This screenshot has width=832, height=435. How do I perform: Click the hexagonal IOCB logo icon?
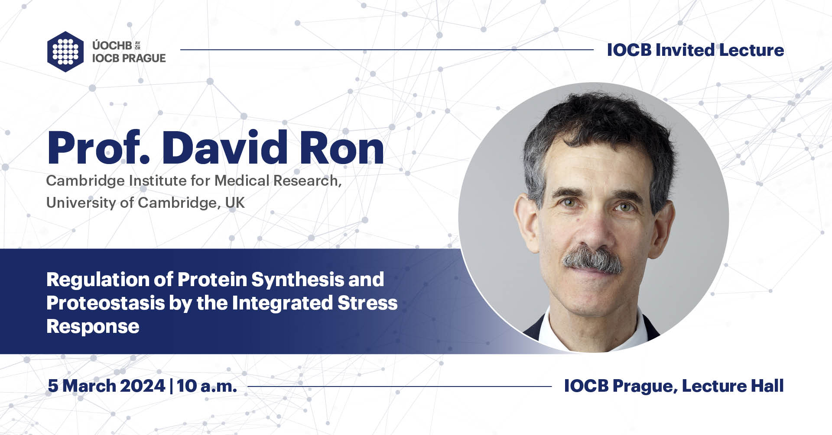[x=65, y=51]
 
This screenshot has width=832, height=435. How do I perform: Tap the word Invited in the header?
[x=685, y=50]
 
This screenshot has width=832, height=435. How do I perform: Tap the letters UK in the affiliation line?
[x=235, y=203]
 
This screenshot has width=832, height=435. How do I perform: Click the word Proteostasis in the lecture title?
[x=105, y=303]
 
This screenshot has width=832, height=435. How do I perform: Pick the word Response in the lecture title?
[x=93, y=326]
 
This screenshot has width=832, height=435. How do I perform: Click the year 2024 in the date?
[x=143, y=386]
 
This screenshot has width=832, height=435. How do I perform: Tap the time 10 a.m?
[x=207, y=386]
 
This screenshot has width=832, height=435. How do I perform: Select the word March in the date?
[x=88, y=386]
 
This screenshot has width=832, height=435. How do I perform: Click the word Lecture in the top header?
[x=751, y=50]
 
